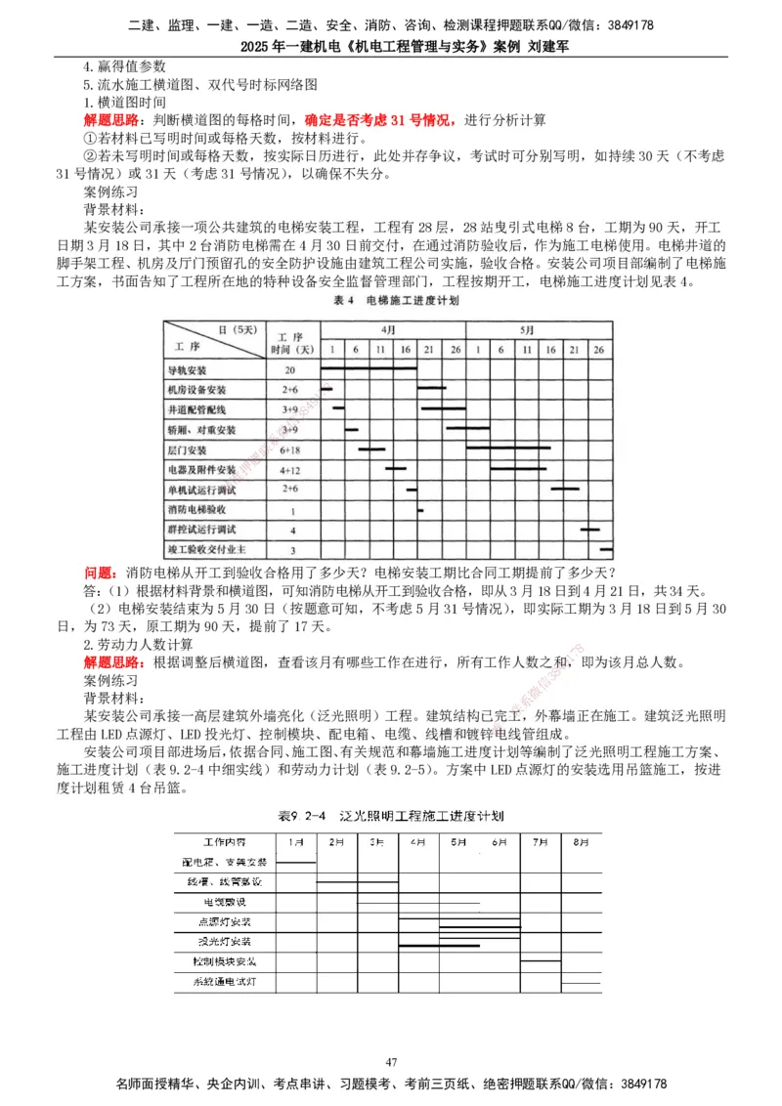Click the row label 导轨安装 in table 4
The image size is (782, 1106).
coord(188,371)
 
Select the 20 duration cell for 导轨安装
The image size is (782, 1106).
coord(290,371)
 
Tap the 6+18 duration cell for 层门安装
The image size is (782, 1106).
coord(290,450)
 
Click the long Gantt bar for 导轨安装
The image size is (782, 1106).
coord(369,369)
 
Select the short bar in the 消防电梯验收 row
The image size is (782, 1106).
coord(420,510)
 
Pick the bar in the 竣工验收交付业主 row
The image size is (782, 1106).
coord(606,550)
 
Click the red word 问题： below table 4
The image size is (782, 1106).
coord(104,573)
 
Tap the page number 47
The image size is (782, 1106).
coord(391,1062)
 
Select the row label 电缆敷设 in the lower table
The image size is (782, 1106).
coord(225,902)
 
